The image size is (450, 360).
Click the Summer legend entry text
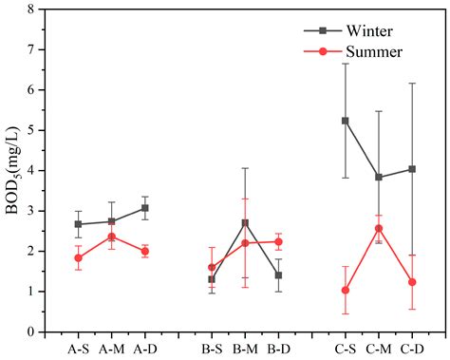pos(376,51)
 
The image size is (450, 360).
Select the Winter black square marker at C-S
pos(345,121)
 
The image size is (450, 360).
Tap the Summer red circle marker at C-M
pos(379,228)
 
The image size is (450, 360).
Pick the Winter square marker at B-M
pos(245,223)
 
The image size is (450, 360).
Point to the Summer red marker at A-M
pos(112,237)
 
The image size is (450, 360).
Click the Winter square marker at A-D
pos(145,208)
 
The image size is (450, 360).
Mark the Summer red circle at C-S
pos(345,290)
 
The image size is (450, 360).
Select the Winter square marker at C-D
pos(412,169)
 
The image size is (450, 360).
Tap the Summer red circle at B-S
pos(212,267)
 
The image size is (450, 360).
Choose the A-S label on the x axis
pos(79,348)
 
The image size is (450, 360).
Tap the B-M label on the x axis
pos(245,348)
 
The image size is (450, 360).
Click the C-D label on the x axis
pos(412,348)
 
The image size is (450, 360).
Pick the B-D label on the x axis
pos(278,348)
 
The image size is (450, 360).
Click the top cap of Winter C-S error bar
pos(345,64)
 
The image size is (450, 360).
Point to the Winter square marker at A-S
pos(79,224)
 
